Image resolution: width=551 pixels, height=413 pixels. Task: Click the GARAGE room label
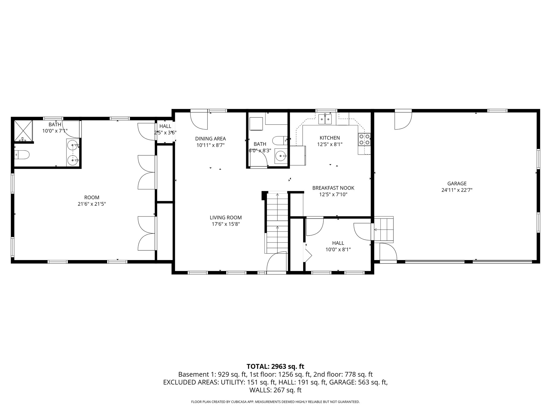pyautogui.click(x=457, y=184)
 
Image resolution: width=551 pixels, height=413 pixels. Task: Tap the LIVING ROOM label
pyautogui.click(x=226, y=218)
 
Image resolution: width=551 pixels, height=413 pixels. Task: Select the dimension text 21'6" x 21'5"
pyautogui.click(x=92, y=204)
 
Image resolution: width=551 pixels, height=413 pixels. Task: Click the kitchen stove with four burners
pyautogui.click(x=364, y=140)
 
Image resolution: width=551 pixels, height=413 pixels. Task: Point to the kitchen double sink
pyautogui.click(x=326, y=119)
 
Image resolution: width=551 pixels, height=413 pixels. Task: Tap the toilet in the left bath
pyautogui.click(x=22, y=155)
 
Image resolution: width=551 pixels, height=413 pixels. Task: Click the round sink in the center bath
pyautogui.click(x=281, y=156)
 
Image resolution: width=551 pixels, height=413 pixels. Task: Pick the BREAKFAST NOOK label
pyautogui.click(x=333, y=188)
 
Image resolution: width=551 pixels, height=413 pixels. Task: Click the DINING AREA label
pyautogui.click(x=210, y=139)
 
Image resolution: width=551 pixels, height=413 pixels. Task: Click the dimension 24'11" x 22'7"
pyautogui.click(x=457, y=190)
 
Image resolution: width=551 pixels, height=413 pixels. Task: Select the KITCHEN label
pyautogui.click(x=330, y=138)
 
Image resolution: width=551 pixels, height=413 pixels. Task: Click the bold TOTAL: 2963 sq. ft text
pyautogui.click(x=275, y=366)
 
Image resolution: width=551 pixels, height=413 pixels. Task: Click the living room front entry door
pyautogui.click(x=276, y=262)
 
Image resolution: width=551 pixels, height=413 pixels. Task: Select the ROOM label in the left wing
pyautogui.click(x=92, y=197)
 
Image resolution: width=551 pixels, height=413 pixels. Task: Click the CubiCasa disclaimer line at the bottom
pyautogui.click(x=275, y=402)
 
